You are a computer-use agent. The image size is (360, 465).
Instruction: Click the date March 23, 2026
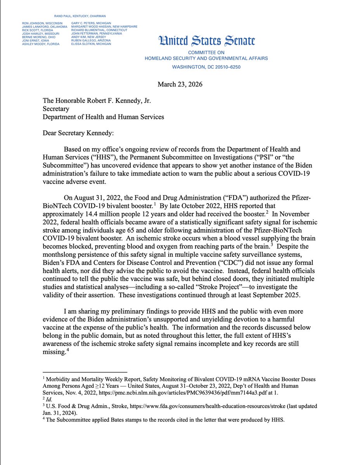point(180,84)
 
